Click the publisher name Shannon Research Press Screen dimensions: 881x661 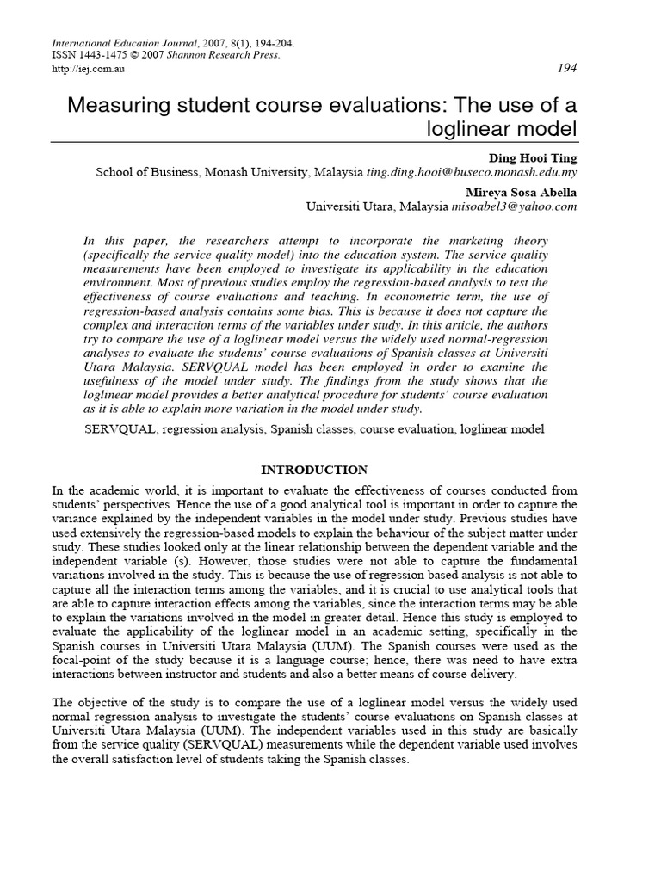point(244,54)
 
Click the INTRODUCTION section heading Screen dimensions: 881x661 point(313,470)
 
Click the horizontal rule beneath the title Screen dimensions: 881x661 point(313,143)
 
